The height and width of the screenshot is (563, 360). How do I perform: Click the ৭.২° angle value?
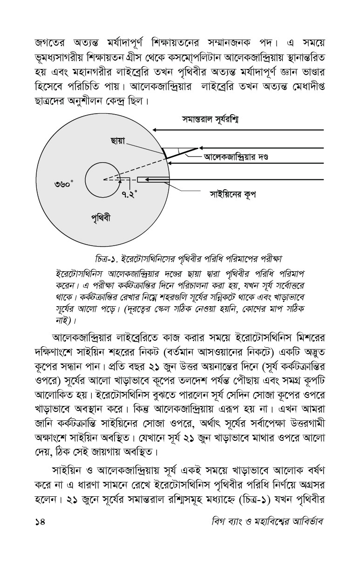pos(129,194)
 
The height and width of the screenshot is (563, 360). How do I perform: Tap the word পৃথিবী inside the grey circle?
pos(101,217)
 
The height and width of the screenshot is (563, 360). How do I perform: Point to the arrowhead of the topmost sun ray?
pos(155,130)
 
